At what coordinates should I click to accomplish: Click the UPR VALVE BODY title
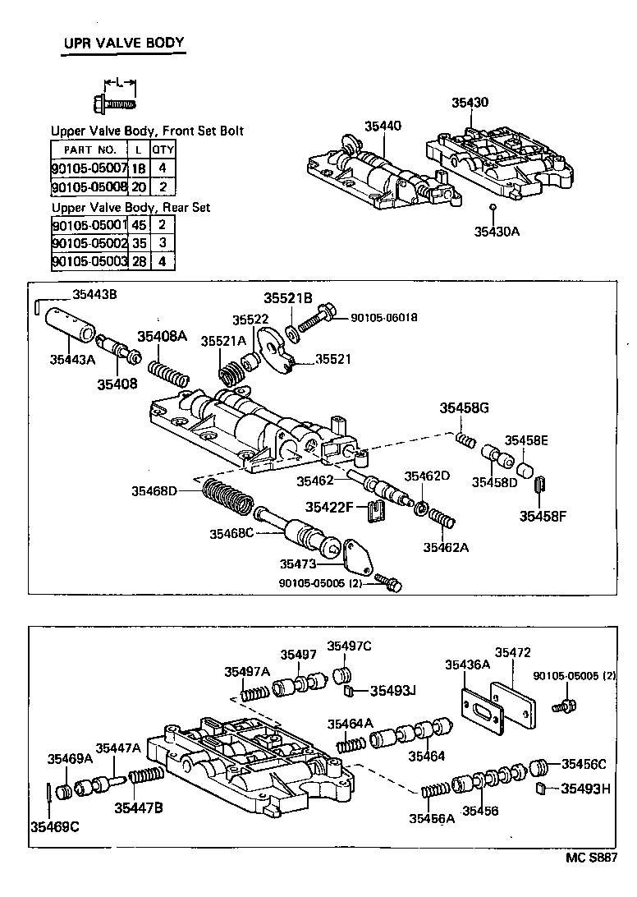[x=123, y=43]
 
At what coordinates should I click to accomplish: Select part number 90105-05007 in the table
[x=89, y=168]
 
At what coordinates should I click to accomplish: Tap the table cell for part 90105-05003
[x=89, y=261]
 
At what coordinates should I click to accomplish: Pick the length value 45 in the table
[x=139, y=225]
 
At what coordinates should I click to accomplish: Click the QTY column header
[x=163, y=149]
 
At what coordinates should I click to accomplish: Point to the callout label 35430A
[x=497, y=232]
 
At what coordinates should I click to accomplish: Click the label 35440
[x=383, y=126]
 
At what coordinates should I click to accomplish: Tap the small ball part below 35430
[x=493, y=206]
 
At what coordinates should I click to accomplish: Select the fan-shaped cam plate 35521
[x=276, y=350]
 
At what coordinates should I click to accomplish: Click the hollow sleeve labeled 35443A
[x=69, y=324]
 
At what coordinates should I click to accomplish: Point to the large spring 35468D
[x=227, y=497]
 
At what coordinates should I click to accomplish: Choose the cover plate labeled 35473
[x=359, y=554]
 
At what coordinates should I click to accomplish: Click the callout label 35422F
[x=329, y=508]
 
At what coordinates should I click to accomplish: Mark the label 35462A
[x=446, y=547]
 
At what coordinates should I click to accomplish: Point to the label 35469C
[x=54, y=826]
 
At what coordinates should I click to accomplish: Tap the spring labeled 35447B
[x=146, y=777]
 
